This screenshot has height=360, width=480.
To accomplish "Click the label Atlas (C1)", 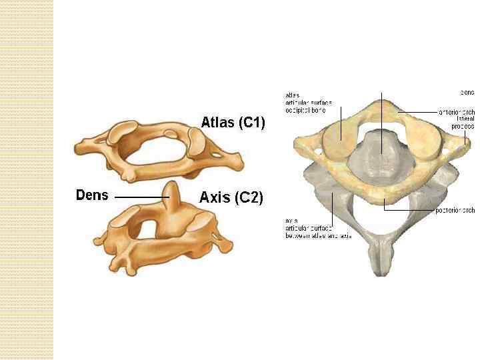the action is pos(233,123).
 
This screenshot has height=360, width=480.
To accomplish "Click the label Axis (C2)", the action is pos(231,197).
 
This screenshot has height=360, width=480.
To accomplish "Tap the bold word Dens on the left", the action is pos(92,195).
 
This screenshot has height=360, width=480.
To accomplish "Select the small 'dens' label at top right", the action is pos(467,91).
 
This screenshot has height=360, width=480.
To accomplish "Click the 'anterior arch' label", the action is pos(456,111).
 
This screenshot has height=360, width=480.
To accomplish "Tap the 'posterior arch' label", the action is pos(455,211).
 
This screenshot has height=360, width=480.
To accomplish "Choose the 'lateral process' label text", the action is pos(462,122).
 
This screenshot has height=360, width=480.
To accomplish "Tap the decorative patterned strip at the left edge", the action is pos(26,180).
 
